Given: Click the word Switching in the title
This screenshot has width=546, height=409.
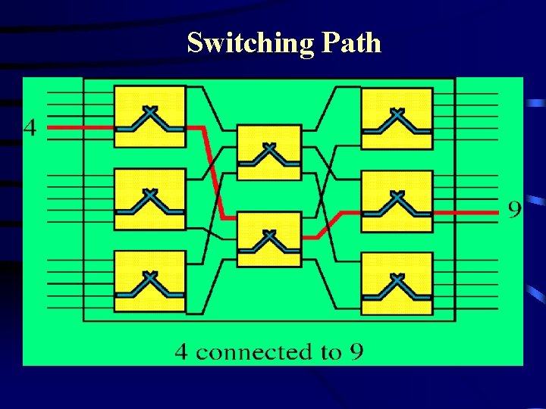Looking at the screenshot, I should point(249,43).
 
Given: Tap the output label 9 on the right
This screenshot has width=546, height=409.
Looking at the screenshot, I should point(514,209).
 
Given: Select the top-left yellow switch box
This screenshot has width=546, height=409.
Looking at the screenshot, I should point(149,117).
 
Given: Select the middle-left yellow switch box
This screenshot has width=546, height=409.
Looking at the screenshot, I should point(149,199).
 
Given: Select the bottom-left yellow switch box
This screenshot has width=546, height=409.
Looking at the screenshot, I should point(149,281).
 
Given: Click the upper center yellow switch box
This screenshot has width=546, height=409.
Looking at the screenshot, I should point(268,152).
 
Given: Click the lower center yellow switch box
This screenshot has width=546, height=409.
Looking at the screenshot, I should point(268,239).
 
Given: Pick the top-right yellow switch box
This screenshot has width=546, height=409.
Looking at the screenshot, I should point(396,119).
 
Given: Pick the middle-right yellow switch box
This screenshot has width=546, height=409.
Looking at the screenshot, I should point(396,201).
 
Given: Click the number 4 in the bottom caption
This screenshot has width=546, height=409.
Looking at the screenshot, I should point(182,351).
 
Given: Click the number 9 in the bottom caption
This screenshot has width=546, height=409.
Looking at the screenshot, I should point(356,351).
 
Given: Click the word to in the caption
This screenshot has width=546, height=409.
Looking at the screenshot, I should point(330,352).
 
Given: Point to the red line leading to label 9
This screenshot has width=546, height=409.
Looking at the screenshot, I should point(470,213).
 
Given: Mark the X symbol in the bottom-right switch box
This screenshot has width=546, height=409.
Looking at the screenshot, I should point(396,279).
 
